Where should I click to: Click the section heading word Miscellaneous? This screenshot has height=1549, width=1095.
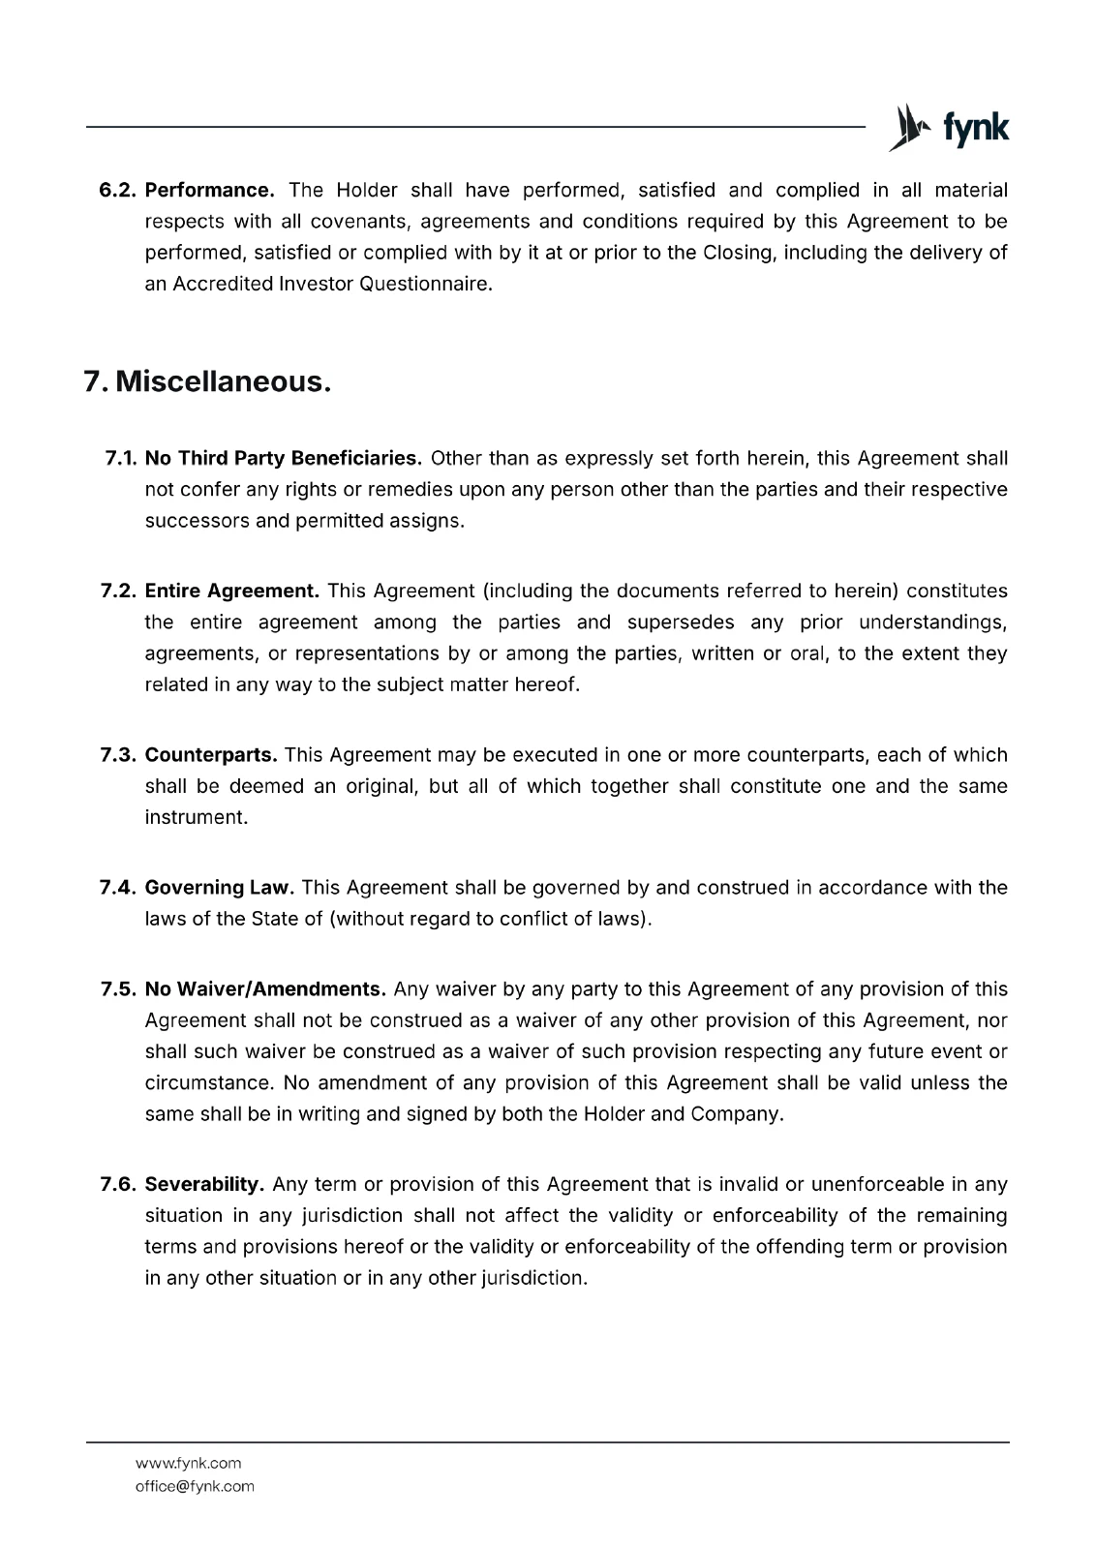(223, 382)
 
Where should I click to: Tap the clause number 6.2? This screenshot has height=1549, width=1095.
(120, 191)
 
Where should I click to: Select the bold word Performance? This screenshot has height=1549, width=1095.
(209, 191)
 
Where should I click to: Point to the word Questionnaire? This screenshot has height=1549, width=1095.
(426, 285)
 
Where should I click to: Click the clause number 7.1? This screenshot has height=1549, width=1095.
(122, 458)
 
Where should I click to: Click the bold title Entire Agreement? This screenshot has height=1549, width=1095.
(231, 591)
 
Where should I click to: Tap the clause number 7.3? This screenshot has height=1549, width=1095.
(120, 755)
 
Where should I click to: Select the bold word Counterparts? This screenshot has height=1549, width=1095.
(211, 755)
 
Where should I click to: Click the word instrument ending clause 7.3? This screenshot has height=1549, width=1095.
(196, 817)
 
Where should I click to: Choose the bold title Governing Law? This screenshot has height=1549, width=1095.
(219, 888)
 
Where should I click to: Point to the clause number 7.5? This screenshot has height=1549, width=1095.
(120, 989)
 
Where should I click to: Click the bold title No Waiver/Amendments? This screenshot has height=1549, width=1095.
(265, 989)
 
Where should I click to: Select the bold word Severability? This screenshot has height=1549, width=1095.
(204, 1184)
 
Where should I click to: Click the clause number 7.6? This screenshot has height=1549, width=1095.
(120, 1184)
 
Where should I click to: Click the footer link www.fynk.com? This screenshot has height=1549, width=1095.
(188, 1463)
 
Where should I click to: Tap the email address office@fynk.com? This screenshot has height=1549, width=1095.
(195, 1486)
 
